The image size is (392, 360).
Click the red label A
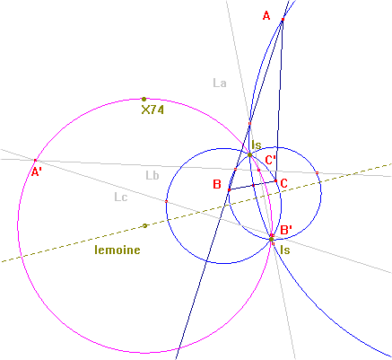tap(266, 15)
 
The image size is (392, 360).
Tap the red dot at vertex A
tap(283, 20)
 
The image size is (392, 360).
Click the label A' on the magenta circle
tap(37, 172)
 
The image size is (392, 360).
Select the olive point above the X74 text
tap(144, 99)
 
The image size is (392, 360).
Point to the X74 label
tap(152, 110)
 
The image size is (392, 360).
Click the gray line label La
tap(220, 83)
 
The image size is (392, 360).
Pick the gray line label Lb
tap(152, 175)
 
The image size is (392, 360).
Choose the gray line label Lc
tap(121, 198)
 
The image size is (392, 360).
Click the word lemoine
tap(118, 250)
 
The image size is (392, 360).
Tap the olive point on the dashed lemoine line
tap(144, 225)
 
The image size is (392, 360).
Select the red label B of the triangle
tap(217, 184)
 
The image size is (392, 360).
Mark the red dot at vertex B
tap(230, 190)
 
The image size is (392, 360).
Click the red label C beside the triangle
tap(283, 183)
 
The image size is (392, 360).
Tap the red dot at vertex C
tap(275, 180)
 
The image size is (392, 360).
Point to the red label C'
tap(271, 160)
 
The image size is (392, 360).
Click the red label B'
tap(286, 230)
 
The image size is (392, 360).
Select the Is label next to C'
tap(257, 145)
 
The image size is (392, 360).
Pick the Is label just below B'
tap(285, 250)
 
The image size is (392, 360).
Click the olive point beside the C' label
tap(250, 154)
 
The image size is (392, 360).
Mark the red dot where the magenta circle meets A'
tap(35, 161)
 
